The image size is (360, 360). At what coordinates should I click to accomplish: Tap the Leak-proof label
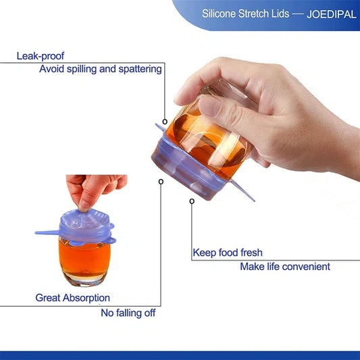click(41, 56)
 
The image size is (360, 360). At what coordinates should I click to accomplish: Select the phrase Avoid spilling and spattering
click(101, 68)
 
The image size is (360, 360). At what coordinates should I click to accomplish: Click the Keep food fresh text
click(228, 253)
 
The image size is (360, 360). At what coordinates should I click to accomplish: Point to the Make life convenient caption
click(285, 266)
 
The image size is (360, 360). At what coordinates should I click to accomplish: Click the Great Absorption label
click(73, 298)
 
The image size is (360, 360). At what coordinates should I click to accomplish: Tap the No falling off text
click(128, 313)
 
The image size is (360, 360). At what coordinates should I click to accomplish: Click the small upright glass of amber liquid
click(85, 260)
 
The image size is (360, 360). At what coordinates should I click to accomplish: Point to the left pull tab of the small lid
click(47, 234)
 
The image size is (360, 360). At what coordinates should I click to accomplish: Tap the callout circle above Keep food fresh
click(192, 201)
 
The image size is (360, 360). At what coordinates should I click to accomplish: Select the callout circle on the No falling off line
click(160, 182)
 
